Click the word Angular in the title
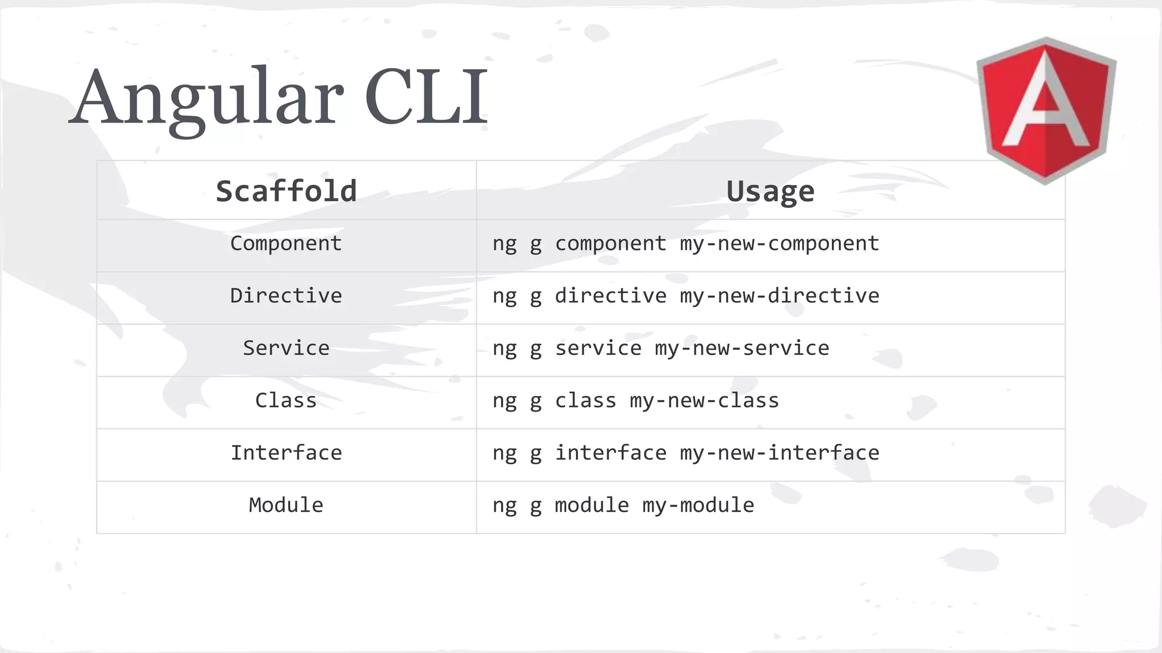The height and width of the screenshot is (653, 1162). [207, 97]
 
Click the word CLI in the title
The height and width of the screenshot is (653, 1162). [426, 96]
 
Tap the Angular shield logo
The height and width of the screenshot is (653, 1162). [1046, 110]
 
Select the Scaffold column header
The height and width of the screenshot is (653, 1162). [286, 191]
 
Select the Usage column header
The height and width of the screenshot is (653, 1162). [770, 191]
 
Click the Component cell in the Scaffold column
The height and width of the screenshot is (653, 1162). [286, 244]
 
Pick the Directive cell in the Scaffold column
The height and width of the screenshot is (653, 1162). [286, 296]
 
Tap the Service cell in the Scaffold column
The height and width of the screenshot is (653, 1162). [286, 348]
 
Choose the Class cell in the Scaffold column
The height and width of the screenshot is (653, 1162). [286, 401]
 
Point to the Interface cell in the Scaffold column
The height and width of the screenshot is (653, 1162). [286, 453]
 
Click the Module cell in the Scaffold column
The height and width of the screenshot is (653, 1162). [286, 505]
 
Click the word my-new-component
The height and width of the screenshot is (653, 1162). [780, 244]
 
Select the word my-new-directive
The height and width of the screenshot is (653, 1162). [780, 296]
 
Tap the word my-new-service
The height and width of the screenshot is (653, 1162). [742, 348]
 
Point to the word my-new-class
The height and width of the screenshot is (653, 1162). [704, 401]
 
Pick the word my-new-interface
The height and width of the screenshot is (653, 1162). [780, 453]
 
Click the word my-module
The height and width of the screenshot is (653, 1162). [698, 505]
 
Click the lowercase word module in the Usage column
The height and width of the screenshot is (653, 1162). [592, 505]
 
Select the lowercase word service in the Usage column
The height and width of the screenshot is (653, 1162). [598, 348]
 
